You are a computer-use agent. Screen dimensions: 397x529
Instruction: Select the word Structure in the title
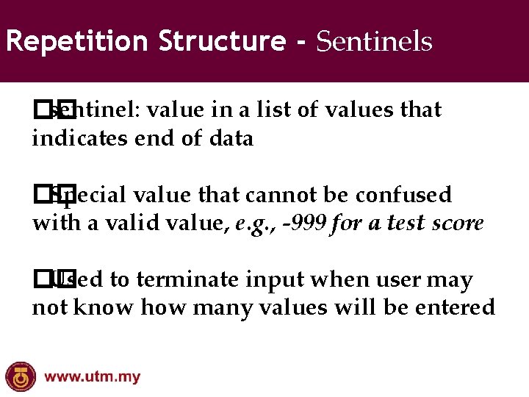(221, 41)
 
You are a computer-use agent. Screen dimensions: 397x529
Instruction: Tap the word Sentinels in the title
(374, 42)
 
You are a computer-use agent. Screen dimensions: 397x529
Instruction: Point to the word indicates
(80, 138)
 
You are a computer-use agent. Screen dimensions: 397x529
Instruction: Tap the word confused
(403, 196)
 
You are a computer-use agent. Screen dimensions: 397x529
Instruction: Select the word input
(269, 281)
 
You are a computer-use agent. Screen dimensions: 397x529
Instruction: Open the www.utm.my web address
(93, 378)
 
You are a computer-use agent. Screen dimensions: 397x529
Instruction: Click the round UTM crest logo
(20, 376)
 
